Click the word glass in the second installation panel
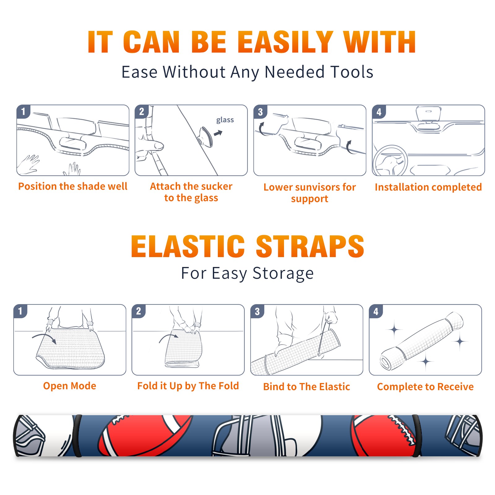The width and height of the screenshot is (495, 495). [225, 120]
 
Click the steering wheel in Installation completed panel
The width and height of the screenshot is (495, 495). [390, 160]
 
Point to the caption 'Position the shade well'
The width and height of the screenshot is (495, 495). [73, 186]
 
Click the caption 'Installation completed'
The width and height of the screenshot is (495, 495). [428, 187]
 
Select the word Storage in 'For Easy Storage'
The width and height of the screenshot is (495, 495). [283, 273]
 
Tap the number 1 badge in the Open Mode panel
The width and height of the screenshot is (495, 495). [20, 311]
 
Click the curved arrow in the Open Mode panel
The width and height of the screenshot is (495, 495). [44, 337]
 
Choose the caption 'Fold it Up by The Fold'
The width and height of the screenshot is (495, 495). [188, 386]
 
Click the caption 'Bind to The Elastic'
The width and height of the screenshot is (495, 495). [307, 386]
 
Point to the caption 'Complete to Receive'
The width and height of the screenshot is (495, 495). [425, 386]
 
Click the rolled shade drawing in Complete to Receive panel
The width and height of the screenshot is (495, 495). [422, 341]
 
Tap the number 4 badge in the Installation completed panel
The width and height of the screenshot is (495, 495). [379, 112]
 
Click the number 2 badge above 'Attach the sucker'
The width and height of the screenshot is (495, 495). [142, 112]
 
